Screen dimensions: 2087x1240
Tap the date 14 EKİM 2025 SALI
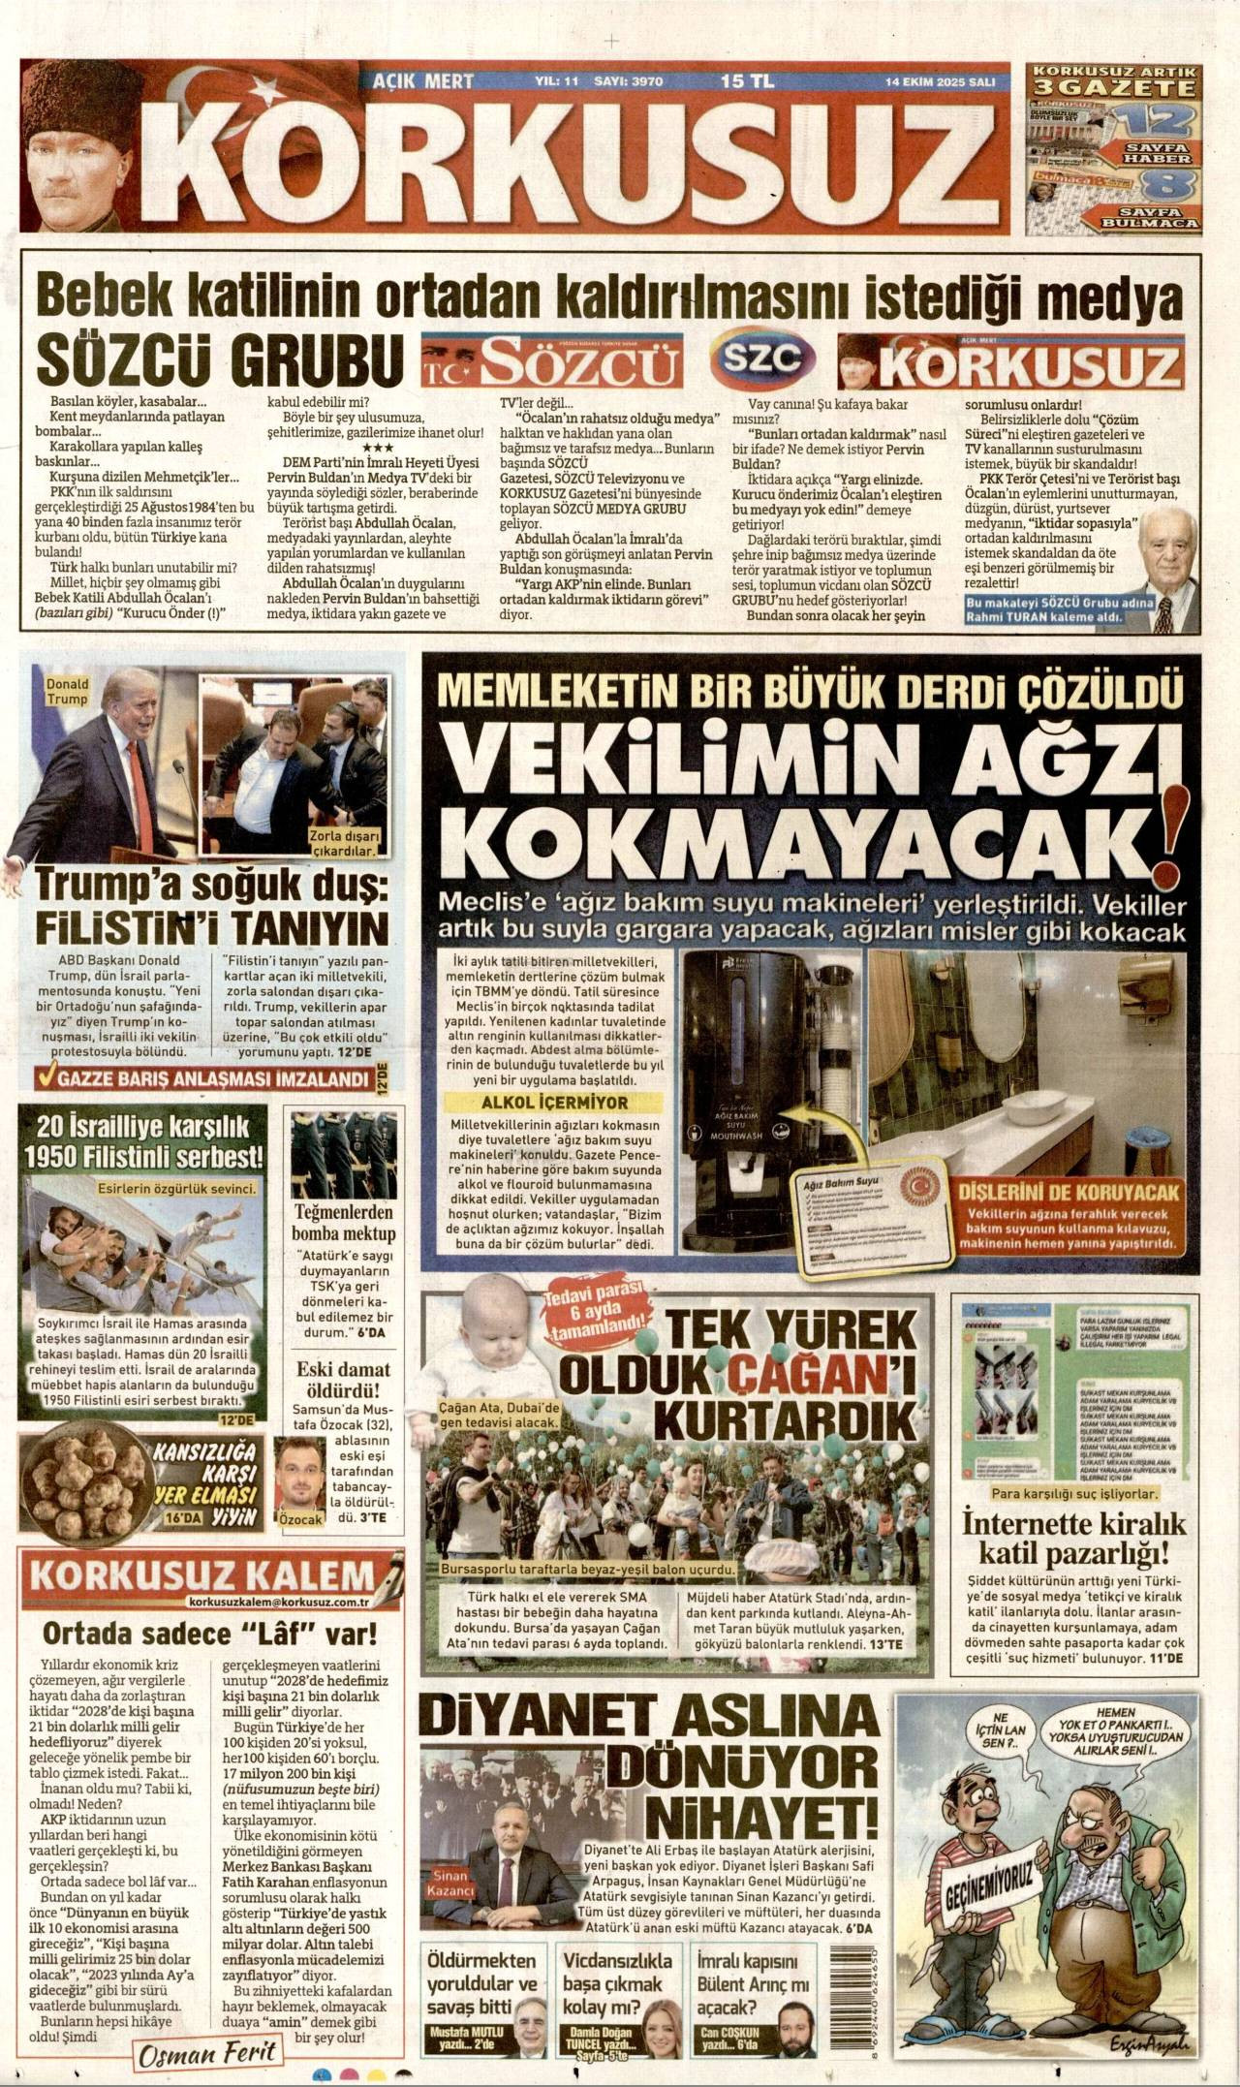(940, 82)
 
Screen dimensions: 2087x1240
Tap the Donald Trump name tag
(67, 691)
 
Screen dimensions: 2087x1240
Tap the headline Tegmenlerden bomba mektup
(344, 1224)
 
